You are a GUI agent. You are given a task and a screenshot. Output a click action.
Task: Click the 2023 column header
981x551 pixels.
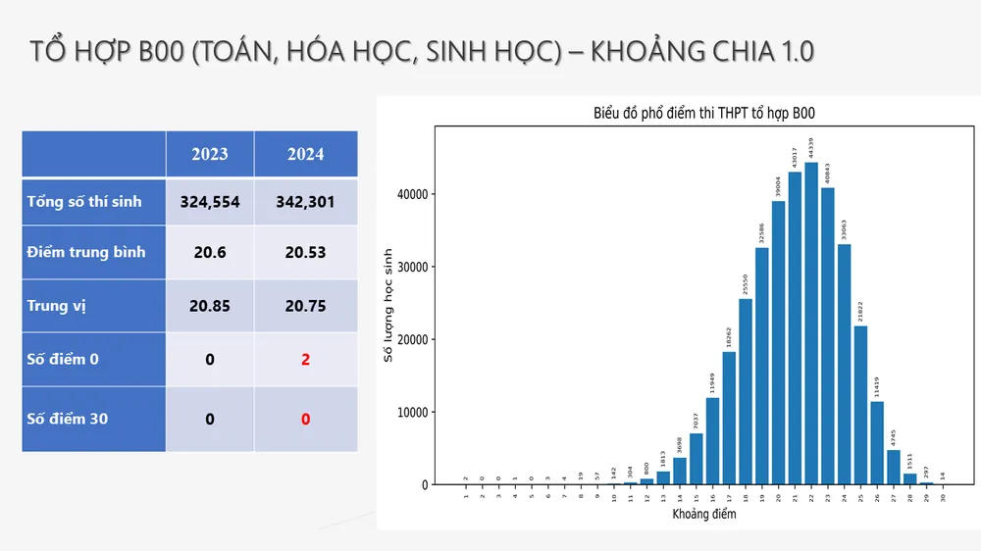click(x=209, y=154)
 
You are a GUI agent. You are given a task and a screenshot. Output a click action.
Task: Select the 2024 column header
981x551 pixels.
click(x=305, y=154)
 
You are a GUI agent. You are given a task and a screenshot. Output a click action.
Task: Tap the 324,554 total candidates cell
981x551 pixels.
click(x=209, y=202)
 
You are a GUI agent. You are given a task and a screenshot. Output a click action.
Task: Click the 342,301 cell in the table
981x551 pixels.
click(x=305, y=202)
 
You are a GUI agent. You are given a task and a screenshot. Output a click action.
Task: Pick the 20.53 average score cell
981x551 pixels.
click(x=305, y=252)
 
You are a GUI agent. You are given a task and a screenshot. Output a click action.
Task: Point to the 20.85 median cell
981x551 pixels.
click(x=209, y=306)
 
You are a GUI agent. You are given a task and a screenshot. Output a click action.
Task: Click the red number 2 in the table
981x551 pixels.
click(x=305, y=359)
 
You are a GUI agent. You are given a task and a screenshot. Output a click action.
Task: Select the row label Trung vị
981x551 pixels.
click(x=57, y=306)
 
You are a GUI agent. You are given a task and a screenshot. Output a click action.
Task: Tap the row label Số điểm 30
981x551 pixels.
click(x=68, y=419)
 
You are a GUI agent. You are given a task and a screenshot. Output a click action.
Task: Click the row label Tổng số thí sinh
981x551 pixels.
click(x=84, y=202)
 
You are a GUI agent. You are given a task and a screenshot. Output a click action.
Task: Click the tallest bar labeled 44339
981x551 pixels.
click(x=811, y=324)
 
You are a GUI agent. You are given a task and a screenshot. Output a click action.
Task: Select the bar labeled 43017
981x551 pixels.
click(x=795, y=328)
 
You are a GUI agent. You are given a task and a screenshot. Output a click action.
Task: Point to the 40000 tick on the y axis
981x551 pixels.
click(x=412, y=194)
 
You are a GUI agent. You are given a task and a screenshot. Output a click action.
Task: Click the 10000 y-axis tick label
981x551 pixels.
click(x=412, y=412)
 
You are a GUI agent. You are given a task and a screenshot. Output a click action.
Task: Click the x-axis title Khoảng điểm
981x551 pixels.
click(x=704, y=514)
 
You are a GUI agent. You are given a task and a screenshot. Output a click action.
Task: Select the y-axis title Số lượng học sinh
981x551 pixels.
click(x=388, y=305)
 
